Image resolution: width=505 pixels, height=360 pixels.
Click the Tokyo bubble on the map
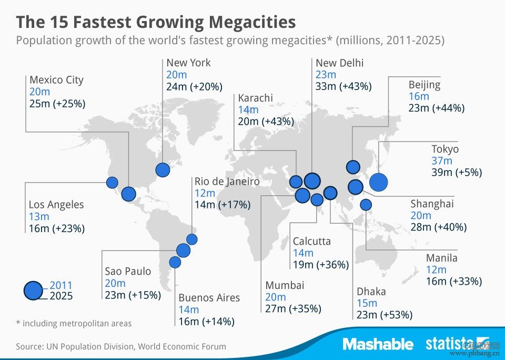coord(378,182)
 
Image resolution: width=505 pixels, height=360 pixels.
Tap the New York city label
coord(188,63)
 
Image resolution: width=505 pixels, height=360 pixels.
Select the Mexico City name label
coord(56,80)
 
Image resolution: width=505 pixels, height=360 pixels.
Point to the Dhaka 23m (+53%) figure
coord(385,315)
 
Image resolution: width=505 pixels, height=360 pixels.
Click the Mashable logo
coord(378,344)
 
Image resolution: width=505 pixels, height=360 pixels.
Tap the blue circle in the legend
coord(33,290)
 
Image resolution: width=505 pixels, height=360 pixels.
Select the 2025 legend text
coord(61,296)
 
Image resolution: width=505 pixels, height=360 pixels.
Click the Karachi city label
coord(255,98)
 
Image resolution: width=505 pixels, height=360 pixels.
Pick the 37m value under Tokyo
coord(442,161)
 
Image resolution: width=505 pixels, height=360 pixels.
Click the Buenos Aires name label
coord(209,298)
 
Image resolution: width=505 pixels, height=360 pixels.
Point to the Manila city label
coord(442,258)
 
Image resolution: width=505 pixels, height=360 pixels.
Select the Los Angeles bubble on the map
coord(112,183)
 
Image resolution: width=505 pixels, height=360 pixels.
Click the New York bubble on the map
coord(163,169)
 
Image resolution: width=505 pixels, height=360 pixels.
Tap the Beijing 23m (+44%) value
coord(436,108)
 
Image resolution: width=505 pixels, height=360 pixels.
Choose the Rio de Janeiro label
coord(227,182)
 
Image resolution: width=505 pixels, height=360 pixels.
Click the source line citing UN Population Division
coord(121,346)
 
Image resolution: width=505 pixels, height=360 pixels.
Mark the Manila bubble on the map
coord(366,205)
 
